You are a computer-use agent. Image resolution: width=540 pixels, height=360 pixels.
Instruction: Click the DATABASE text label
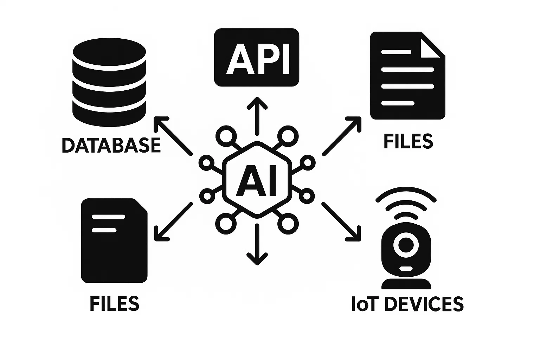111,145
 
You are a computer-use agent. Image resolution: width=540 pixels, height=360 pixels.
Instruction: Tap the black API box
257,57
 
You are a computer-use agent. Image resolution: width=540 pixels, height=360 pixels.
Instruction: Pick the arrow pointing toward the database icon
173,135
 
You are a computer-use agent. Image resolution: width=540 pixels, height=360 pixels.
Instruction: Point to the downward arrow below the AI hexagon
257,245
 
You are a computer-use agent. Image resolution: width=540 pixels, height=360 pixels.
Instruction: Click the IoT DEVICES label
407,304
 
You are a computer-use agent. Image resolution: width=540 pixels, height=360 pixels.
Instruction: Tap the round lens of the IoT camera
406,244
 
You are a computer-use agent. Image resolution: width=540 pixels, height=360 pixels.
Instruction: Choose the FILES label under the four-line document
408,141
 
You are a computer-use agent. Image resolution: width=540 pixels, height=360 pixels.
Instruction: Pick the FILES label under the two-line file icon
115,303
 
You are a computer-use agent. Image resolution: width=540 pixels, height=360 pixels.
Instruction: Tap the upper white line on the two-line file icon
108,217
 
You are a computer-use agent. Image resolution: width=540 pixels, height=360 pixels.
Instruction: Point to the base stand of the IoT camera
406,283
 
